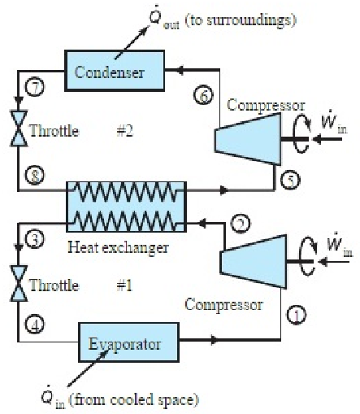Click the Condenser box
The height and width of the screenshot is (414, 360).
click(111, 72)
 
